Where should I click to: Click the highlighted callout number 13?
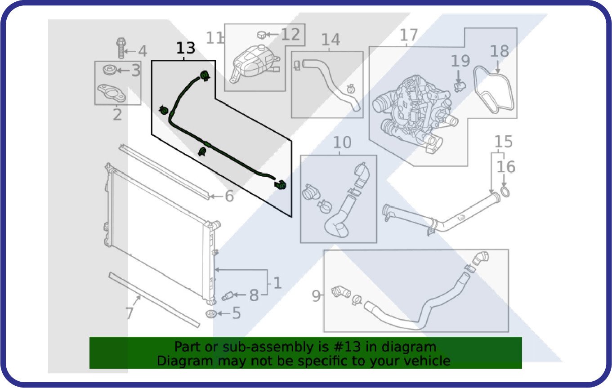(186, 48)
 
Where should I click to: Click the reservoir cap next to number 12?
(261, 35)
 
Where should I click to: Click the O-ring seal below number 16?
(505, 192)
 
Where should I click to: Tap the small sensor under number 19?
(460, 86)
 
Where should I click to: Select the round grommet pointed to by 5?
(211, 314)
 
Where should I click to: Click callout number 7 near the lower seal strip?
(129, 313)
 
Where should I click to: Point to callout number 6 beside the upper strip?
(229, 196)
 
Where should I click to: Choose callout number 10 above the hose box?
(342, 143)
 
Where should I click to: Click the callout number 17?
(409, 35)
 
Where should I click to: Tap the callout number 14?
(331, 40)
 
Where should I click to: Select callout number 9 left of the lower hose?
(316, 296)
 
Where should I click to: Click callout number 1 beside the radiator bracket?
(277, 283)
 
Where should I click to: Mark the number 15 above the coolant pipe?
(504, 142)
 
